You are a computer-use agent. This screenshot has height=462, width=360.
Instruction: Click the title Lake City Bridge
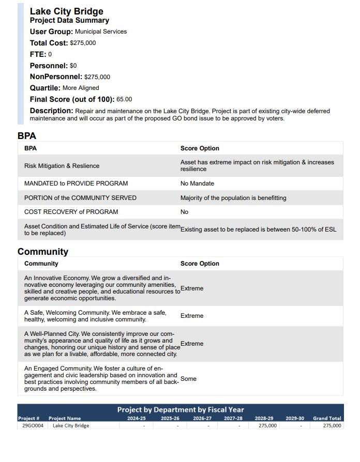pyautogui.click(x=66, y=11)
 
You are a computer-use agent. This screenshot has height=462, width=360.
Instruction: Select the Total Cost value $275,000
pyautogui.click(x=83, y=43)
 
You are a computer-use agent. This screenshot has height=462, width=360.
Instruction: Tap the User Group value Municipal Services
pyautogui.click(x=101, y=32)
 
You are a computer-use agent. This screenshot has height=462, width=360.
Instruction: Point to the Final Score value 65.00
pyautogui.click(x=124, y=99)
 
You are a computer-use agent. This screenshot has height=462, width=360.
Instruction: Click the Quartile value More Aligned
pyautogui.click(x=81, y=88)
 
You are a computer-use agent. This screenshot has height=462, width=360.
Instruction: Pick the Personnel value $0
pyautogui.click(x=73, y=66)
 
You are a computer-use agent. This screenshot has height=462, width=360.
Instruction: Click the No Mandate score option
pyautogui.click(x=197, y=183)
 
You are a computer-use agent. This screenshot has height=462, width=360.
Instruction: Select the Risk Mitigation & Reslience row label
pyautogui.click(x=62, y=166)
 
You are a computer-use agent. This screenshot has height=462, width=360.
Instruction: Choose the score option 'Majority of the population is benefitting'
pyautogui.click(x=233, y=198)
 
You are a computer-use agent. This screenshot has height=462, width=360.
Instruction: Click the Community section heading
pyautogui.click(x=43, y=252)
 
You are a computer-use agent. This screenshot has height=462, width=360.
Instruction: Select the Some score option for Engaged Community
pyautogui.click(x=188, y=379)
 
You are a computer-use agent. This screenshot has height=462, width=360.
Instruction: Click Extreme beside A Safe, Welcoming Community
pyautogui.click(x=192, y=316)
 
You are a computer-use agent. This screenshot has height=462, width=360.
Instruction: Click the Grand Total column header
pyautogui.click(x=327, y=418)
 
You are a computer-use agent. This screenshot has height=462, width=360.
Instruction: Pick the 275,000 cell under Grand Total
pyautogui.click(x=332, y=426)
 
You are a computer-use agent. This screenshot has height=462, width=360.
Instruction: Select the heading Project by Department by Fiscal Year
pyautogui.click(x=180, y=410)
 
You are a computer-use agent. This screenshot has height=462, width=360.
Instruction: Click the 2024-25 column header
pyautogui.click(x=137, y=418)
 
